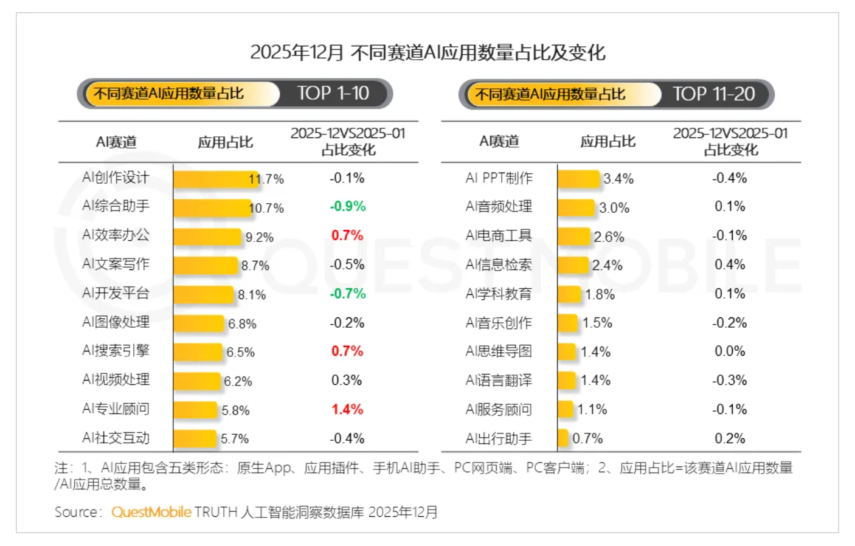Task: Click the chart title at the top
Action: [x=427, y=52]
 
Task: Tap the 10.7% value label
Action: [x=267, y=208]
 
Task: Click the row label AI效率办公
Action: [x=116, y=235]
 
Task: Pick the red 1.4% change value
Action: [x=347, y=409]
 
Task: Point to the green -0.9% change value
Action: [x=347, y=207]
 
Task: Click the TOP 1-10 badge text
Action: [x=333, y=94]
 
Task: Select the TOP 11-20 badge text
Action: [x=713, y=94]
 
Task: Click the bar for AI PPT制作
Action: [x=578, y=179]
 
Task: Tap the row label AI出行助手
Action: [x=499, y=438]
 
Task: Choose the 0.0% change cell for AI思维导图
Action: [x=730, y=351]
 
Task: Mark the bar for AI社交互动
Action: [x=195, y=438]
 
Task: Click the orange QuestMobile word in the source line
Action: [x=151, y=512]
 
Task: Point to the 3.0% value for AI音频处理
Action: [x=614, y=208]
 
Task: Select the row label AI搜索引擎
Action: [x=116, y=351]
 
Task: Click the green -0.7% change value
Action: [x=347, y=294]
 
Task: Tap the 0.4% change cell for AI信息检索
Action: [x=730, y=264]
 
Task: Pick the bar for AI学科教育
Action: [x=569, y=294]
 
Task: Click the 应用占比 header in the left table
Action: [x=225, y=142]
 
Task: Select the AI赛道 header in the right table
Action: [x=499, y=142]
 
